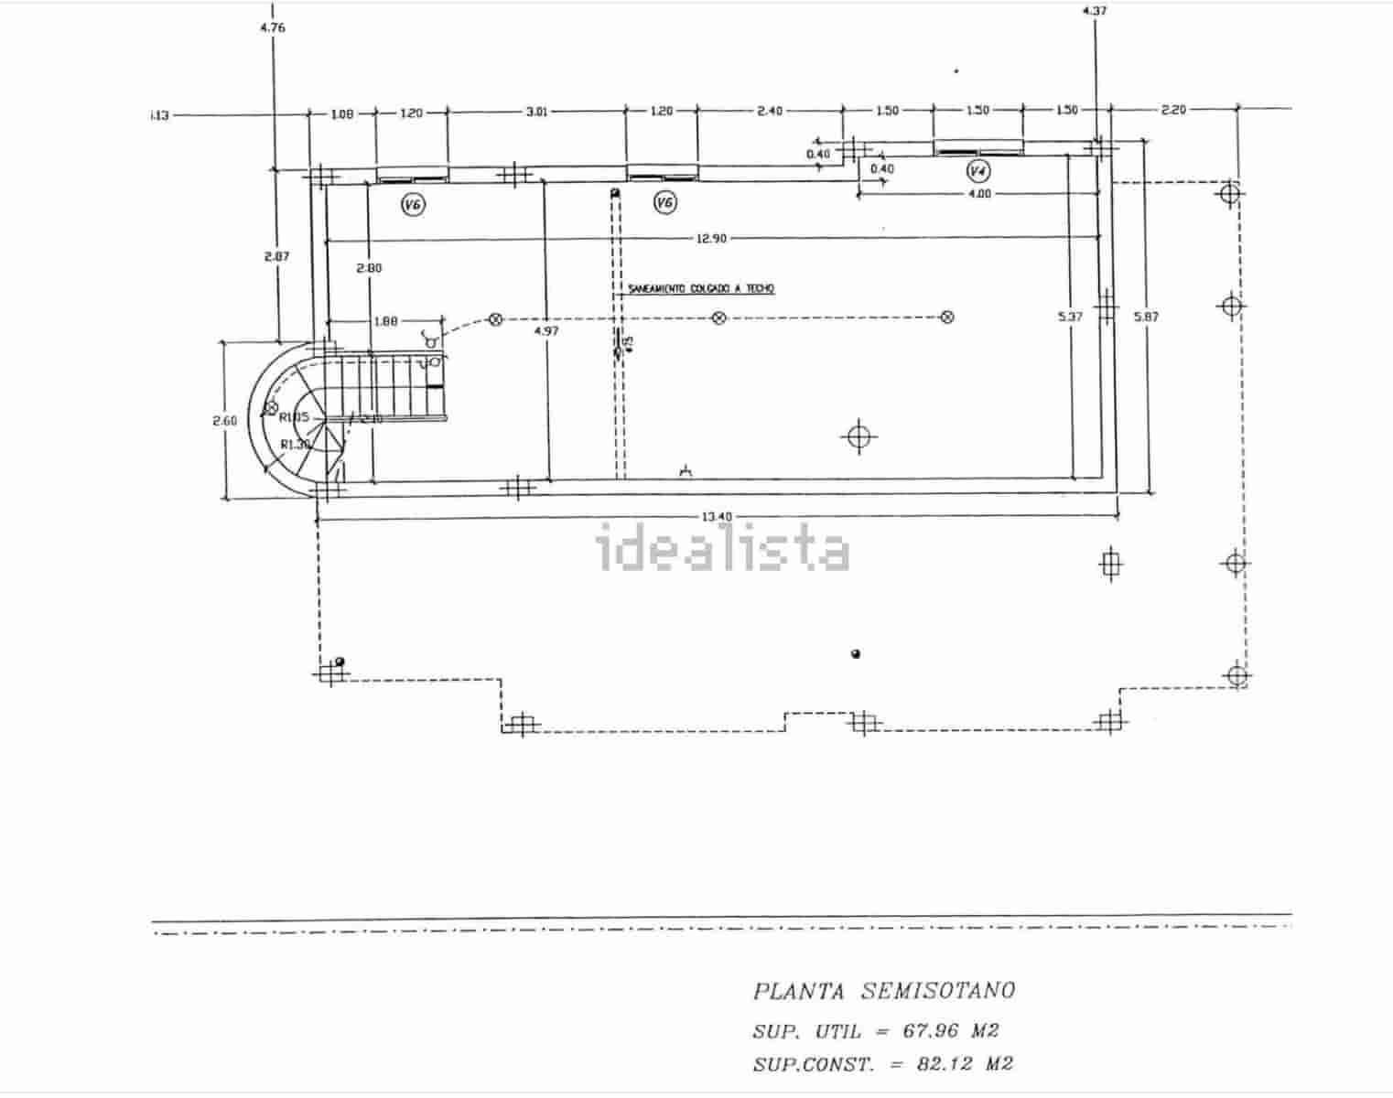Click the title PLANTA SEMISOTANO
click(x=883, y=990)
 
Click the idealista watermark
click(x=723, y=550)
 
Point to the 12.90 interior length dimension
click(x=711, y=239)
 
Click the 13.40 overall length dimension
click(x=717, y=517)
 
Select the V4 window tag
click(x=978, y=171)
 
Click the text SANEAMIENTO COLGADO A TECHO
click(x=701, y=289)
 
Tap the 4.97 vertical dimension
click(x=545, y=330)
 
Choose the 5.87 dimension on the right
click(x=1146, y=317)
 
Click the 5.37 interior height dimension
click(x=1070, y=317)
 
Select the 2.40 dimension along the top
click(x=770, y=111)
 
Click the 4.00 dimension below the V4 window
click(x=979, y=194)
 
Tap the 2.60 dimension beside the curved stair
click(x=224, y=421)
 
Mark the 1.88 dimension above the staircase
click(x=385, y=321)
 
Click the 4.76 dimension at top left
click(x=273, y=27)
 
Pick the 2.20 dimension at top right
click(x=1173, y=110)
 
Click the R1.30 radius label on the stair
click(x=295, y=445)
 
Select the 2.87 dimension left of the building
click(x=275, y=256)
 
